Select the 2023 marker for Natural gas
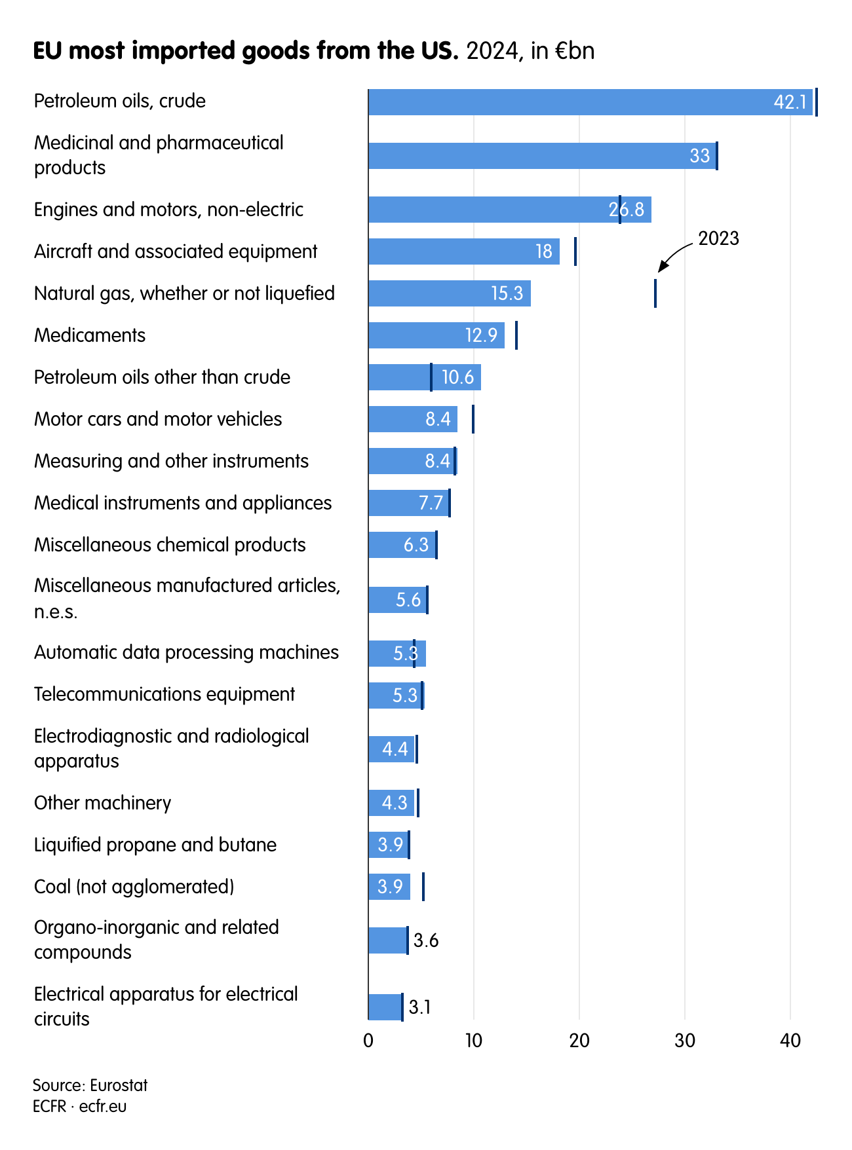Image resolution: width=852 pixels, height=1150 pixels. (655, 293)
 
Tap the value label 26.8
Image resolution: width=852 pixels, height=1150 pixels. (626, 210)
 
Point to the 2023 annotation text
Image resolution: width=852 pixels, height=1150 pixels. (718, 238)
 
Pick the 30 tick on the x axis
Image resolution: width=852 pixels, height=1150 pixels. (684, 1041)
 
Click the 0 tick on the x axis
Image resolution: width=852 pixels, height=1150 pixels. (368, 1041)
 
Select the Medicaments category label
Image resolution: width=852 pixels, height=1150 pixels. (90, 335)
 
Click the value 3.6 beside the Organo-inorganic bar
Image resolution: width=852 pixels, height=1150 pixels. (426, 941)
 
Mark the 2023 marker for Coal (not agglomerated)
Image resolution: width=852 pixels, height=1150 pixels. (423, 887)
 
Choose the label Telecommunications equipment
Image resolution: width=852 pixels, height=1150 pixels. (165, 694)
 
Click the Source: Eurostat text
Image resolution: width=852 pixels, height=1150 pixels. (90, 1085)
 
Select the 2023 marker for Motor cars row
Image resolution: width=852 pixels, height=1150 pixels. (473, 419)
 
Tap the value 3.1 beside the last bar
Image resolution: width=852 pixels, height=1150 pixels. (419, 1007)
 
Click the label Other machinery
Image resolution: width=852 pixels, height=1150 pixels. (102, 803)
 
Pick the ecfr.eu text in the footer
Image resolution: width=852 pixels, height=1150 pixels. (103, 1107)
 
